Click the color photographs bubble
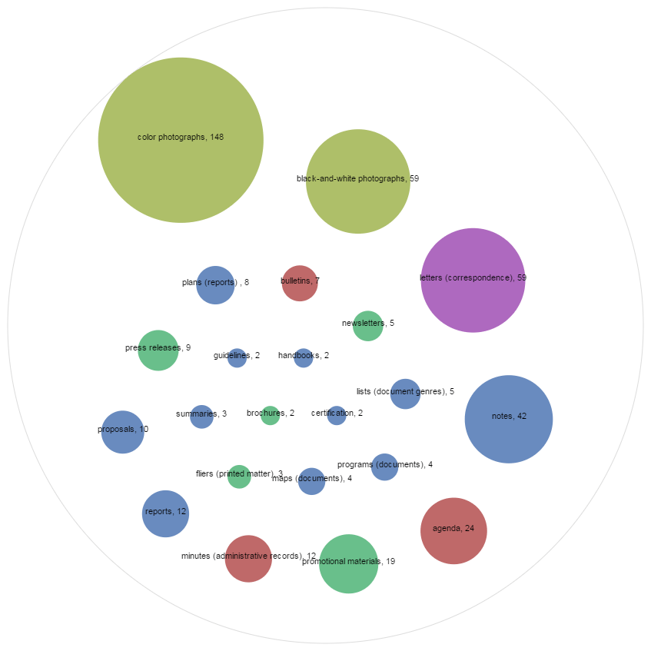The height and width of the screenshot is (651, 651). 181,140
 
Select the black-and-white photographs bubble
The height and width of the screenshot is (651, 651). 358,181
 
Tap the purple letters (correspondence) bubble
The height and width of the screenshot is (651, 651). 473,280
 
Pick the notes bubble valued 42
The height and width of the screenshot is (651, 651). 509,419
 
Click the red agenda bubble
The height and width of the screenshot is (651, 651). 453,530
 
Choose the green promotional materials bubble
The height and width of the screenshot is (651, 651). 349,564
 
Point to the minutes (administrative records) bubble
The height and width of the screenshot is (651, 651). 248,559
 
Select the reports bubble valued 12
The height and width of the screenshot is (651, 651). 165,513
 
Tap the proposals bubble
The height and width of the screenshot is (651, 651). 122,432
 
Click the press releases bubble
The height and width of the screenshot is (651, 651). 158,350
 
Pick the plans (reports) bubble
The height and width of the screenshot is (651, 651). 215,285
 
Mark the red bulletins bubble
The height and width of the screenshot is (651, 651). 300,283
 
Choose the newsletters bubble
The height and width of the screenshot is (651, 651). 368,326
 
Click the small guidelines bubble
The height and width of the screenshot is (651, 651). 237,358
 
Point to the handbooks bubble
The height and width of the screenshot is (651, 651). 304,358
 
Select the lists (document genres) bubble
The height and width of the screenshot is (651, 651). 405,394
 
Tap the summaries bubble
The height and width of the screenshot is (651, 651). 201,417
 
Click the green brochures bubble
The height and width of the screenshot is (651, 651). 270,416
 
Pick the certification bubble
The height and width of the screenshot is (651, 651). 337,416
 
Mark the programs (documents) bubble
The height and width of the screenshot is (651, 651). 384,467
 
